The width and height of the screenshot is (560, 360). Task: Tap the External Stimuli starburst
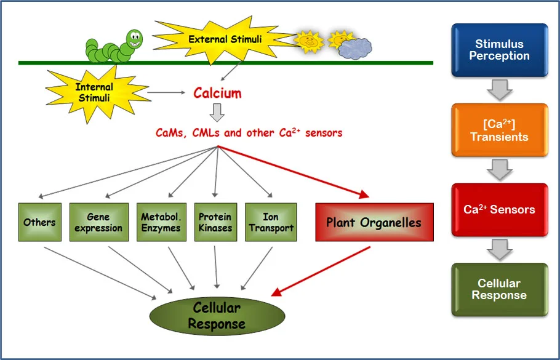pyautogui.click(x=225, y=39)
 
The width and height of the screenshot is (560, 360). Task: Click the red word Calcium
pyautogui.click(x=217, y=94)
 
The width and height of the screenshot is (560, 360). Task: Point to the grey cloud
pyautogui.click(x=355, y=48)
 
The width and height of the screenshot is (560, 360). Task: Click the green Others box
pyautogui.click(x=39, y=222)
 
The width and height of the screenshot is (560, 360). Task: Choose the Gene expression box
pyautogui.click(x=98, y=222)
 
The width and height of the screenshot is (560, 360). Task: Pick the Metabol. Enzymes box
pyautogui.click(x=161, y=222)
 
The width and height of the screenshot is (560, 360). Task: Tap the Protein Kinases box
pyautogui.click(x=215, y=222)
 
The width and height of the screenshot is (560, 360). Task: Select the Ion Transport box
pyautogui.click(x=271, y=222)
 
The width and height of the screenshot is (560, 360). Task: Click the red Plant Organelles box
pyautogui.click(x=374, y=222)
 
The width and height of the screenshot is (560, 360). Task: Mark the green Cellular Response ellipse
pyautogui.click(x=217, y=315)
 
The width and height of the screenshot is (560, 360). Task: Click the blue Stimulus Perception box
pyautogui.click(x=499, y=50)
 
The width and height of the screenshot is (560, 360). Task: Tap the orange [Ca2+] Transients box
pyautogui.click(x=499, y=130)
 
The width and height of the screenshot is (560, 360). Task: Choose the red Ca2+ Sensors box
pyautogui.click(x=499, y=209)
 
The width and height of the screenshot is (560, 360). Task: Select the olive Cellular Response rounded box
pyautogui.click(x=499, y=289)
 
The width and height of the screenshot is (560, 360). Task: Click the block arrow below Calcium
pyautogui.click(x=217, y=113)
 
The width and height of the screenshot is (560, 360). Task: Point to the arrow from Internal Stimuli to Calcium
pyautogui.click(x=166, y=94)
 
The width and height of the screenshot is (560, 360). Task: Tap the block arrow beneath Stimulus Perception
pyautogui.click(x=499, y=90)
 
